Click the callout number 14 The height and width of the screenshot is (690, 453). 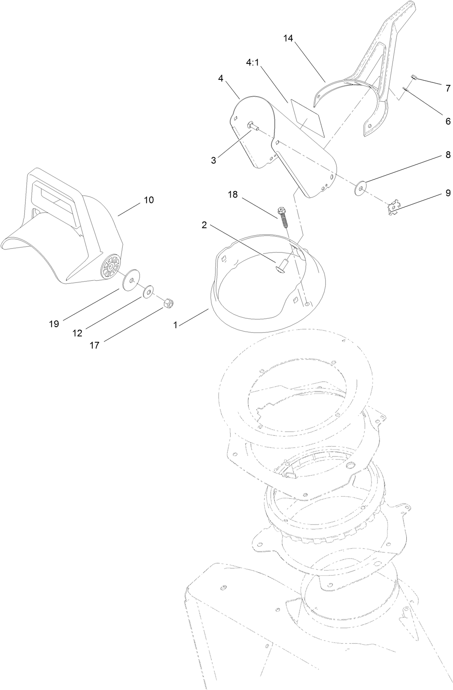pyautogui.click(x=288, y=38)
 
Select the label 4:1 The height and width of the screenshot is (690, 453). pyautogui.click(x=252, y=62)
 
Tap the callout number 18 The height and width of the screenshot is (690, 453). pyautogui.click(x=233, y=195)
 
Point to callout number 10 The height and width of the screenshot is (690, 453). pyautogui.click(x=149, y=200)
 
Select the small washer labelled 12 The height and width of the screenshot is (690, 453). pyautogui.click(x=149, y=291)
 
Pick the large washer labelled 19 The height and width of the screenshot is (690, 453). pyautogui.click(x=130, y=279)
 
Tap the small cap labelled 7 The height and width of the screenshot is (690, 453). pyautogui.click(x=413, y=77)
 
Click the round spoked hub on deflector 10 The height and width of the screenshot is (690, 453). pyautogui.click(x=110, y=266)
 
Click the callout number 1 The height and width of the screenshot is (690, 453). pyautogui.click(x=176, y=325)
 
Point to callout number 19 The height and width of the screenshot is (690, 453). pyautogui.click(x=54, y=324)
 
